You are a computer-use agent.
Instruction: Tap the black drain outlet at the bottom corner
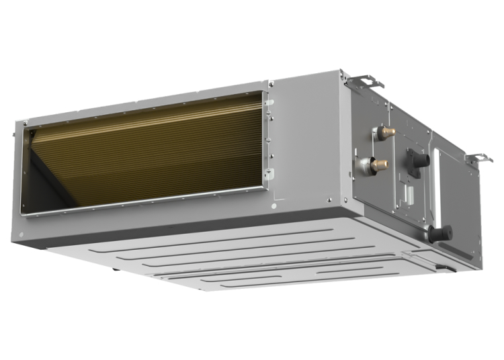coord(442,234)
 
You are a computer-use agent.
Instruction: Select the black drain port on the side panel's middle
coord(419,161)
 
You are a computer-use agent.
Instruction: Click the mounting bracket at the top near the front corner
coord(366,83)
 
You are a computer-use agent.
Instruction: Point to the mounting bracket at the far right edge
coord(479,159)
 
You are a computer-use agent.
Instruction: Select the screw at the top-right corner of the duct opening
coord(271,84)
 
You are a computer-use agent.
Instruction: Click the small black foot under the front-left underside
coord(116,271)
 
